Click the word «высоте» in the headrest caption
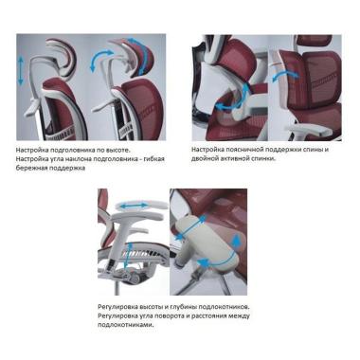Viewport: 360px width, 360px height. pos(117,150)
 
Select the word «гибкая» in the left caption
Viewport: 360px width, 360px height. pos(154,158)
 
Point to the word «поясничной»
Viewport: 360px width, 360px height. pos(248,150)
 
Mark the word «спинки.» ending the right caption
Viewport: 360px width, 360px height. pos(263,158)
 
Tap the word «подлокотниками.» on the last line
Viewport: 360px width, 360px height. pos(126,325)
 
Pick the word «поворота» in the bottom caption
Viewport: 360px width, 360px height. pos(169,315)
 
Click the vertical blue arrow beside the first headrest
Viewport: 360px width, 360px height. pos(21,71)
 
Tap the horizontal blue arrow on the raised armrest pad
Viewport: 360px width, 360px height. pos(133,206)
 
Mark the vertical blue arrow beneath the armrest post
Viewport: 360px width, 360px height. pos(127,256)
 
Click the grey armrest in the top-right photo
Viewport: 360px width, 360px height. pos(305,130)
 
